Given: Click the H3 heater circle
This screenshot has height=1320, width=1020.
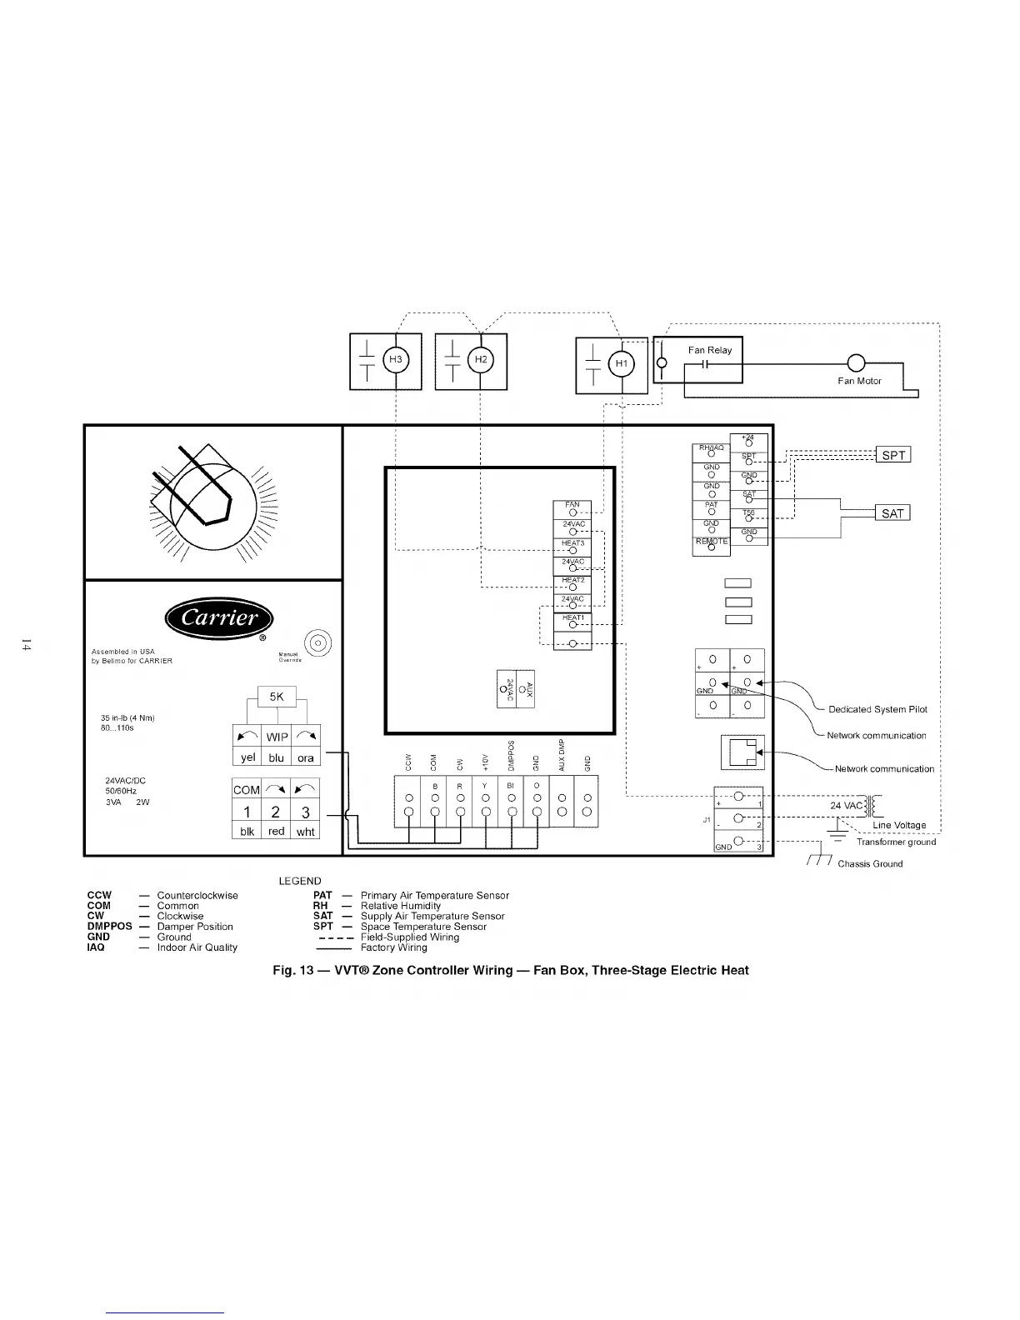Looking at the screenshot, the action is tap(395, 361).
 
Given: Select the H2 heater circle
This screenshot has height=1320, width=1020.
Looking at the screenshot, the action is tap(480, 360).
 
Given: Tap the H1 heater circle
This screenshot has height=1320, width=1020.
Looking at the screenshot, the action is tap(621, 364).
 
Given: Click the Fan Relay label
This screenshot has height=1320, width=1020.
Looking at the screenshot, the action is tap(710, 351).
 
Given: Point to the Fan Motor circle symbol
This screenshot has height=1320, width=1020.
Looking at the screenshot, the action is tap(857, 363).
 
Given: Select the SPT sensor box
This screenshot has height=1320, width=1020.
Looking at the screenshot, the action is tap(892, 455).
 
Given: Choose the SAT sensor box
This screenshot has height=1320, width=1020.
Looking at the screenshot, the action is tap(892, 513).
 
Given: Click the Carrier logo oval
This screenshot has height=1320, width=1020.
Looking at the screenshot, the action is tap(220, 618).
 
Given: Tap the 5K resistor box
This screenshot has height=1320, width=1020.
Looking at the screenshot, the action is tap(277, 697).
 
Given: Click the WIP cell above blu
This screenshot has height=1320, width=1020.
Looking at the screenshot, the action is tap(277, 737).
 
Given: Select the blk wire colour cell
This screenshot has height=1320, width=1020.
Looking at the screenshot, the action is tap(247, 832).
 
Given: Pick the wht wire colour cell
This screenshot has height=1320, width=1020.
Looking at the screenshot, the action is tap(306, 832).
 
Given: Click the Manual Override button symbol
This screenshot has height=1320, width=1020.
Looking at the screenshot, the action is tap(319, 644).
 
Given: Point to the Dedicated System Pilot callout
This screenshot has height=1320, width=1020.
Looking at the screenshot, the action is tap(877, 710).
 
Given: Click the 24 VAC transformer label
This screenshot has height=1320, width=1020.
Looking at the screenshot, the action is tap(847, 806).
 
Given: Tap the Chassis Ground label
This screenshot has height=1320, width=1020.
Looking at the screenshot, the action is tap(870, 864).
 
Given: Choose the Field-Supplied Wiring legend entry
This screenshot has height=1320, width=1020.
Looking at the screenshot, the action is tap(409, 937).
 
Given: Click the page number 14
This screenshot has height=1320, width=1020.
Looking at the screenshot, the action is tap(27, 645).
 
